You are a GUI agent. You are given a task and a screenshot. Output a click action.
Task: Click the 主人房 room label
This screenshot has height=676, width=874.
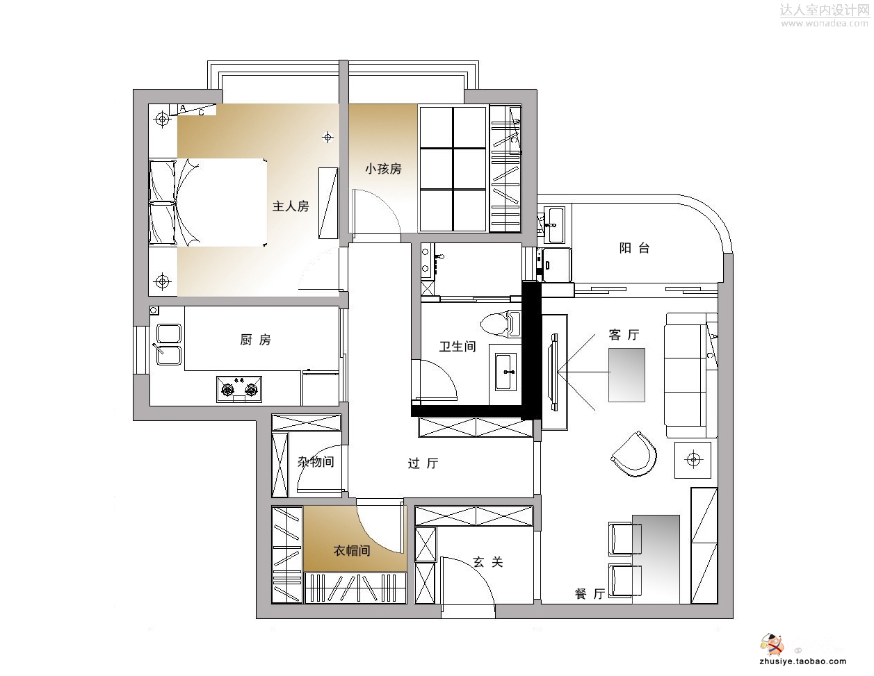pyautogui.click(x=291, y=206)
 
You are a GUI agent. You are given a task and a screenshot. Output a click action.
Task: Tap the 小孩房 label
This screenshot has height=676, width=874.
pyautogui.click(x=383, y=168)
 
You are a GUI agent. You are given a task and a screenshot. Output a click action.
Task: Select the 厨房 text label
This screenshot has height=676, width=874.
pyautogui.click(x=255, y=340)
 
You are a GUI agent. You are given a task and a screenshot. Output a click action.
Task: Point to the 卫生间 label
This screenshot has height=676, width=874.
pyautogui.click(x=458, y=346)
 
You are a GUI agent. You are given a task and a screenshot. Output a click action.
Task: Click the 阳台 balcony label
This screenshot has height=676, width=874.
pyautogui.click(x=634, y=248)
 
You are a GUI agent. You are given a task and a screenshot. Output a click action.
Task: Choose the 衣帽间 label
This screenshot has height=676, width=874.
pyautogui.click(x=352, y=550)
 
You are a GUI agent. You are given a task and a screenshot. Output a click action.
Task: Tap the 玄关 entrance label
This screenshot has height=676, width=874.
pyautogui.click(x=487, y=562)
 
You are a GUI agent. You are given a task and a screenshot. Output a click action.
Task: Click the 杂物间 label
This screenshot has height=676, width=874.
pyautogui.click(x=316, y=462)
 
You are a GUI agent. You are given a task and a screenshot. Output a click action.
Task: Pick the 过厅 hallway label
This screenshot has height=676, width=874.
pyautogui.click(x=423, y=463)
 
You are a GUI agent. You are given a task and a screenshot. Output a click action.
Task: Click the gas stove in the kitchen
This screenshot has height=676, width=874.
pyautogui.click(x=239, y=389)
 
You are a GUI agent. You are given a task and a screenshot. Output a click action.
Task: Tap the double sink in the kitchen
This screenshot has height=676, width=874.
pyautogui.click(x=168, y=345)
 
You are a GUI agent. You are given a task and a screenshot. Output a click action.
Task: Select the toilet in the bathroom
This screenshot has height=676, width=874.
pyautogui.click(x=501, y=324)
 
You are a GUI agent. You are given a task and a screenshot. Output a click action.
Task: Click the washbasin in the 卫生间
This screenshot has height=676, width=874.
pyautogui.click(x=505, y=372)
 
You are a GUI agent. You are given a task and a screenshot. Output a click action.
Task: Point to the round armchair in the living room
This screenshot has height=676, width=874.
pyautogui.click(x=633, y=454)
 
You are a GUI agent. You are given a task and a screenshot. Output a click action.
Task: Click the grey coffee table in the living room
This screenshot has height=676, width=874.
pyautogui.click(x=626, y=375)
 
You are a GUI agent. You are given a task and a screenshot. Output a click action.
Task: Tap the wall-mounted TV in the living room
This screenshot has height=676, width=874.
pyautogui.click(x=554, y=372)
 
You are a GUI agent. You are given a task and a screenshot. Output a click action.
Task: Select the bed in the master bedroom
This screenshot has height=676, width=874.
pyautogui.click(x=208, y=202)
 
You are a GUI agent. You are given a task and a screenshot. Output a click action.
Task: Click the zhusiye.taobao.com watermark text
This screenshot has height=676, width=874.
pyautogui.click(x=803, y=661)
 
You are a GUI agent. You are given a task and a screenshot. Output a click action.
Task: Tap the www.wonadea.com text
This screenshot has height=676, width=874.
pyautogui.click(x=824, y=24)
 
